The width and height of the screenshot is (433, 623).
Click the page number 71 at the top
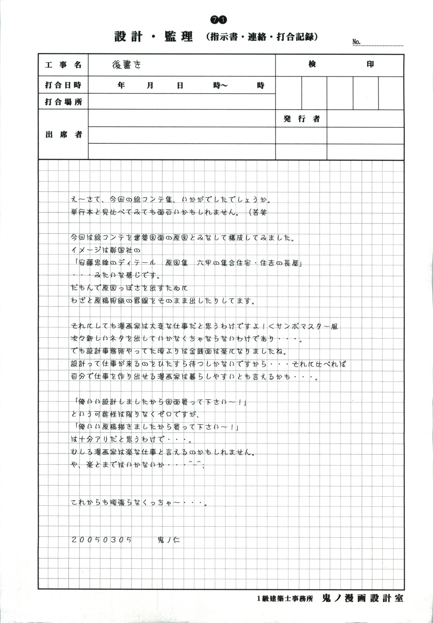pos(218,19)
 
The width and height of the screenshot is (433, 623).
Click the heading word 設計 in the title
pos(128,37)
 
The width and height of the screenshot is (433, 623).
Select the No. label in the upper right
pos(356,42)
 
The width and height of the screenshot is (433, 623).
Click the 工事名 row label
pos(63,65)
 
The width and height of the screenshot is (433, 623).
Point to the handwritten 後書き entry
pos(127,65)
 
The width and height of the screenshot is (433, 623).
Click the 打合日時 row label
pos(63,85)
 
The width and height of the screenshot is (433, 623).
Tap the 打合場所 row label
pos(63,102)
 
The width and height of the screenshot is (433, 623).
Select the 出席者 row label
pos(63,134)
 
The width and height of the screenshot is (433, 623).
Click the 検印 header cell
pos(340,65)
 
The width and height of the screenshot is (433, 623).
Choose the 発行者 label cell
pos(301,119)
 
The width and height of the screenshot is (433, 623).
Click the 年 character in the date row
pos(121,85)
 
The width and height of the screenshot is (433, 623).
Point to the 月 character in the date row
pos(150,85)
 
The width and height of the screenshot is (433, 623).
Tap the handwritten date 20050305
pos(102,540)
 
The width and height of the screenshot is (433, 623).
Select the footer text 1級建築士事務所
pos(285,598)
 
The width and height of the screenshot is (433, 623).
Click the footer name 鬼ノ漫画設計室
pos(363,598)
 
